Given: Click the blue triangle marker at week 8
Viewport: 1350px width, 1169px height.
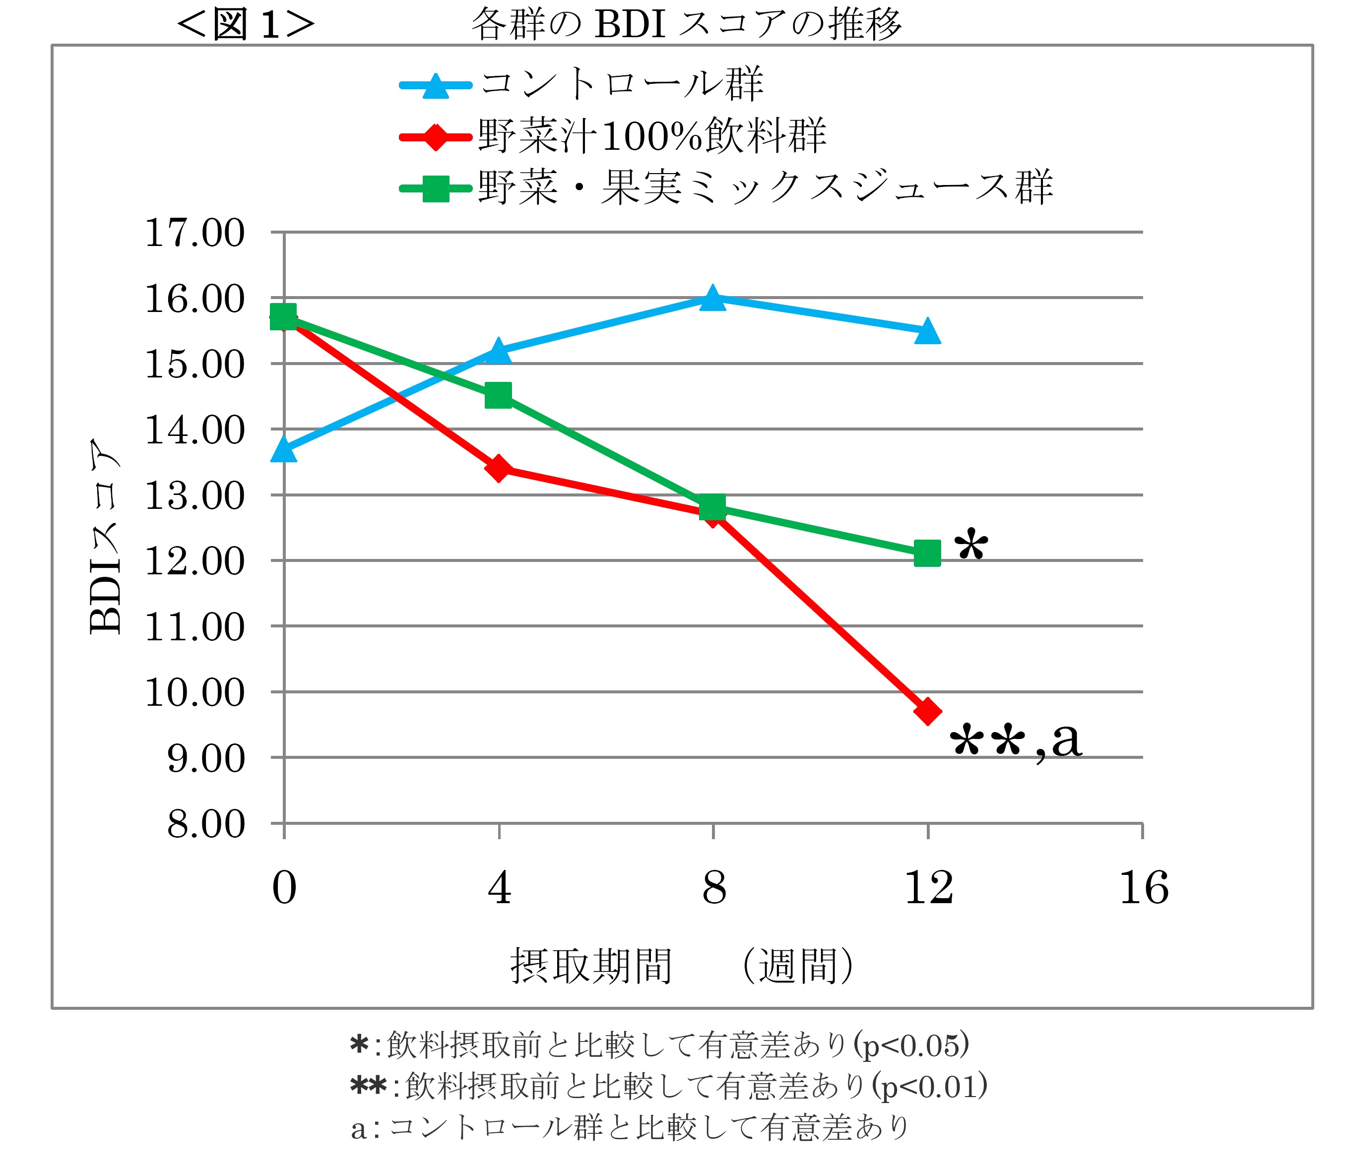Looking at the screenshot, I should pyautogui.click(x=712, y=299).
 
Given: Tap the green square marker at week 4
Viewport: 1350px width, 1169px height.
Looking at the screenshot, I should pyautogui.click(x=499, y=395).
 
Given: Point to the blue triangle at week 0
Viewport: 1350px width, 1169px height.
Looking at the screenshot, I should pyautogui.click(x=284, y=449).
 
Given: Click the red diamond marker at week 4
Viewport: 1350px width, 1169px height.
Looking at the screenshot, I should pyautogui.click(x=499, y=468).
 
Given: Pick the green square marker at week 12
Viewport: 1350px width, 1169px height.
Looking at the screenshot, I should pyautogui.click(x=927, y=553).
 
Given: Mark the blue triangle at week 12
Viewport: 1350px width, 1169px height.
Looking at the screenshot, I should pyautogui.click(x=927, y=331).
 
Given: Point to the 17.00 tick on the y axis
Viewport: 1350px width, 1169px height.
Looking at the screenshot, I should pyautogui.click(x=194, y=234).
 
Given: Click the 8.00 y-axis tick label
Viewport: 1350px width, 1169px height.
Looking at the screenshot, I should pyautogui.click(x=205, y=825).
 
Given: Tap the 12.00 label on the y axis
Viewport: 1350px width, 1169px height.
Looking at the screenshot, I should pyautogui.click(x=194, y=561).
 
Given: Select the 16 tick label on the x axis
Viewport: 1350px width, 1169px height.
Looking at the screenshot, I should pyautogui.click(x=1143, y=888).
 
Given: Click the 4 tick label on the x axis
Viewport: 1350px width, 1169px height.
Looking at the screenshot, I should pyautogui.click(x=499, y=888).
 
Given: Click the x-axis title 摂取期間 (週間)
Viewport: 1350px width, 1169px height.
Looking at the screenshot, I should pyautogui.click(x=682, y=966).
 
